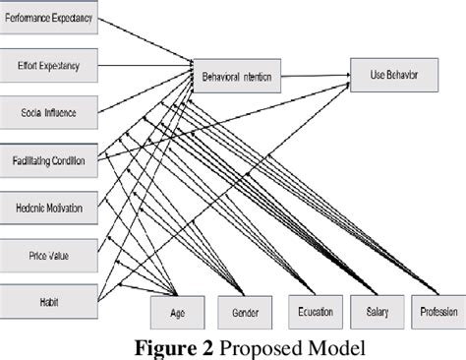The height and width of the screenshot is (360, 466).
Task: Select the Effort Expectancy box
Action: coord(49,67)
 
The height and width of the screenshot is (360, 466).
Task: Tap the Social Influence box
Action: coord(49,113)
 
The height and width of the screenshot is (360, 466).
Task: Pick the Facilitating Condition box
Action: coord(49,160)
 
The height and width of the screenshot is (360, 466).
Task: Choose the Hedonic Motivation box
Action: coord(49,208)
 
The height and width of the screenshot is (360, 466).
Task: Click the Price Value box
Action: coord(49,255)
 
